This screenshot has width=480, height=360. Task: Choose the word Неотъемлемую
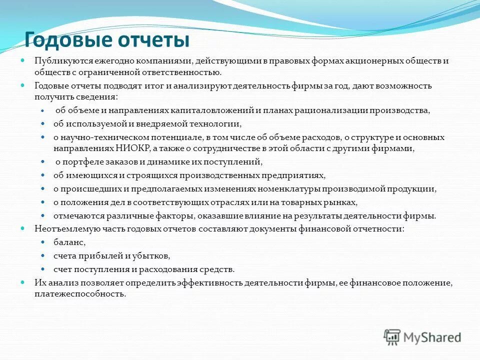pyautogui.click(x=60, y=228)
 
